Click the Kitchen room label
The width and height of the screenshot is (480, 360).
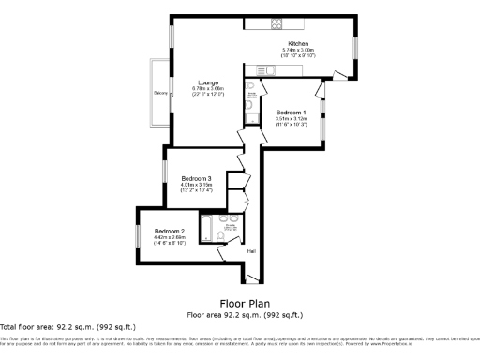point(299,44)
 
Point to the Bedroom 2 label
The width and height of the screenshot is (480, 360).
point(170,231)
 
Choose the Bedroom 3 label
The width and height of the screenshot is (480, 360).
point(196,178)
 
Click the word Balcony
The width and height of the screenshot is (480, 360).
point(160,93)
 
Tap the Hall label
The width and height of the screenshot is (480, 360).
point(251,250)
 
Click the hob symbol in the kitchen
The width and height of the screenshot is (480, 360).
point(278,23)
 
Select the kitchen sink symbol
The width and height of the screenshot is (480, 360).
point(254,69)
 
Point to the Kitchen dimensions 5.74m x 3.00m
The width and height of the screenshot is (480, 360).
point(299,51)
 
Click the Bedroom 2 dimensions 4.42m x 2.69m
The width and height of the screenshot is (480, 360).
point(170,237)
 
